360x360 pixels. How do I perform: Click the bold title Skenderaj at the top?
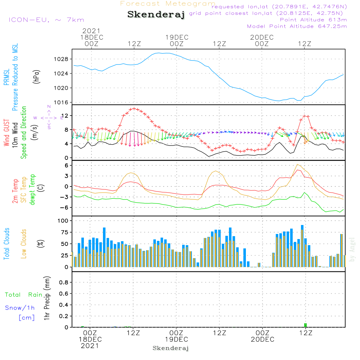click(156, 15)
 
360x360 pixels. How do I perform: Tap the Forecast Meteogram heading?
click(168, 4)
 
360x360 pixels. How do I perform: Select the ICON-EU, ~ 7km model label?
click(46, 20)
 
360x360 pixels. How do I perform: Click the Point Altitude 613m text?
click(313, 20)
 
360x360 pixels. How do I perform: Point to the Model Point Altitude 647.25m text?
click(297, 26)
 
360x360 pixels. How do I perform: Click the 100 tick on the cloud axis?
click(63, 220)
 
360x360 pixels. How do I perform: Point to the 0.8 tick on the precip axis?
click(64, 283)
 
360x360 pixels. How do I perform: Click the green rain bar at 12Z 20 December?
click(305, 325)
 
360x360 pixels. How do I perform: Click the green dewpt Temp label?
click(32, 190)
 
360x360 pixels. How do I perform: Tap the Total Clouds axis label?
click(6, 244)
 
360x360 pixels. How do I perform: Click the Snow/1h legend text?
click(20, 308)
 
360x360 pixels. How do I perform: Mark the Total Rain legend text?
click(23, 295)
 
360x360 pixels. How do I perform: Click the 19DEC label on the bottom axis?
click(176, 339)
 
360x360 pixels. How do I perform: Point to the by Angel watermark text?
click(352, 249)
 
